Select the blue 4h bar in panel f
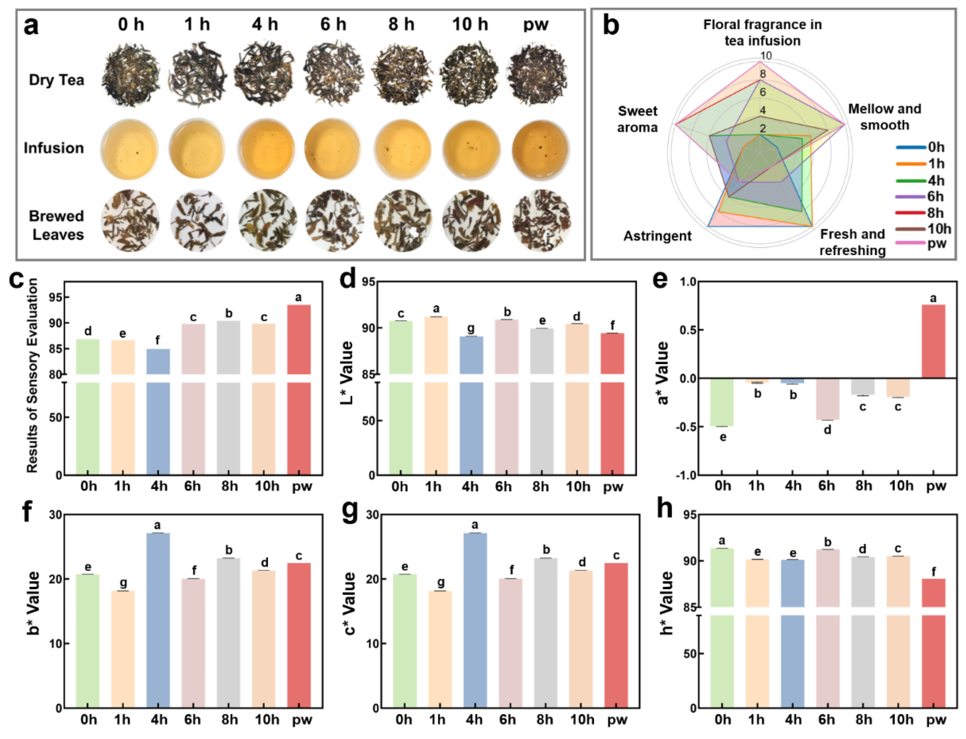coord(158,620)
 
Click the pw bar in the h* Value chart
coord(933,642)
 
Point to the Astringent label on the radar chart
coord(657,236)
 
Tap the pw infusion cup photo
coord(541,149)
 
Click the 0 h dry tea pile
coord(131,80)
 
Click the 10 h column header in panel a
coord(470,24)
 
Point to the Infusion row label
coord(54,148)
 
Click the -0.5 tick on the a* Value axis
coord(688,427)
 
